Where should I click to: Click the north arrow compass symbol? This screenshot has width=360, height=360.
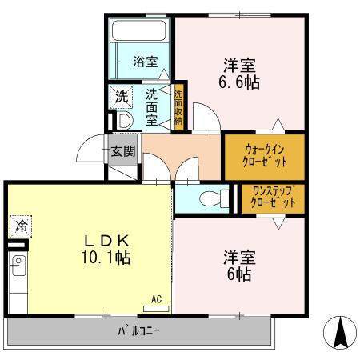pyautogui.click(x=340, y=333)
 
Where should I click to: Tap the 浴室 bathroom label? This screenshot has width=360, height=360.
pyautogui.click(x=146, y=62)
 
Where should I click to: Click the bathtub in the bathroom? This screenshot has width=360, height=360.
pyautogui.click(x=138, y=30)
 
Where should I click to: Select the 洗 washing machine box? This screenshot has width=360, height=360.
pyautogui.click(x=121, y=97)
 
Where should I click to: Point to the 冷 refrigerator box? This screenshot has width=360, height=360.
pyautogui.click(x=21, y=226)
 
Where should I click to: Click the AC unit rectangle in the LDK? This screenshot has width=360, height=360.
pyautogui.click(x=156, y=309)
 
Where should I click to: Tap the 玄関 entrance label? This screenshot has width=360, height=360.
pyautogui.click(x=123, y=151)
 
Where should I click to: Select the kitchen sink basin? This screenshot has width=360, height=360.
pyautogui.click(x=18, y=266)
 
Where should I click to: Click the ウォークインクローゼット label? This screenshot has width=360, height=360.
pyautogui.click(x=265, y=156)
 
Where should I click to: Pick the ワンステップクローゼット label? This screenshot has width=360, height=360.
pyautogui.click(x=273, y=197)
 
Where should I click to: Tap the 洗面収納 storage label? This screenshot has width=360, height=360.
pyautogui.click(x=178, y=107)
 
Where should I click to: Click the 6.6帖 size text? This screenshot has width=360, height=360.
pyautogui.click(x=239, y=82)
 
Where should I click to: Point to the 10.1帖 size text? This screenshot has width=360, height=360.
pyautogui.click(x=106, y=258)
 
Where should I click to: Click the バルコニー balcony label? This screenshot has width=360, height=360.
pyautogui.click(x=138, y=331)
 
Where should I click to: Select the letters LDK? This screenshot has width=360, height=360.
pyautogui.click(x=107, y=242)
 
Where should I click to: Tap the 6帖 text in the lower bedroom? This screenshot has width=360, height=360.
pyautogui.click(x=239, y=274)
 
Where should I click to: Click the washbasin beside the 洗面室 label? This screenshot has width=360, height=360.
pyautogui.click(x=125, y=121)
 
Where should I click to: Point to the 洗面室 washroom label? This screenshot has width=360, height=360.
pyautogui.click(x=151, y=107)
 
